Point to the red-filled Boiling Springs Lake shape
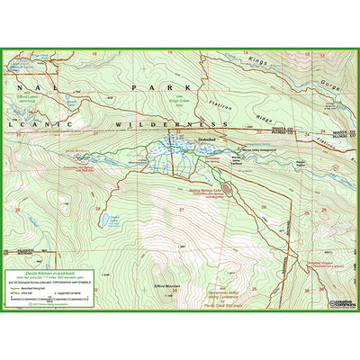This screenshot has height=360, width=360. [x=228, y=188]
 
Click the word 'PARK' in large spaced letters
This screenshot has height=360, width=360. [x=147, y=87]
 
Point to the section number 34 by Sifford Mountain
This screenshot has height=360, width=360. [x=175, y=291]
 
